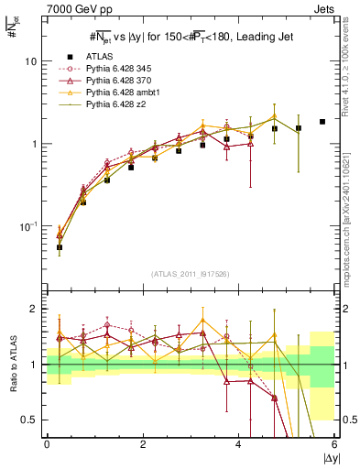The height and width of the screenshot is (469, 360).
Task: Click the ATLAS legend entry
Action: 102,57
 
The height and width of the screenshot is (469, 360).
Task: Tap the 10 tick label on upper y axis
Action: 30,61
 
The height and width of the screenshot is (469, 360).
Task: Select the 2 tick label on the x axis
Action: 143,443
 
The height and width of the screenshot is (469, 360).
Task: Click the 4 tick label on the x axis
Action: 238,443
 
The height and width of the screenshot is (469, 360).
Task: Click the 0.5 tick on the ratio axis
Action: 28,420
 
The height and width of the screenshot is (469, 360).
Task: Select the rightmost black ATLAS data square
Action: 322,122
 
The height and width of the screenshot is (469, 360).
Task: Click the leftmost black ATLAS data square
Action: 60,247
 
